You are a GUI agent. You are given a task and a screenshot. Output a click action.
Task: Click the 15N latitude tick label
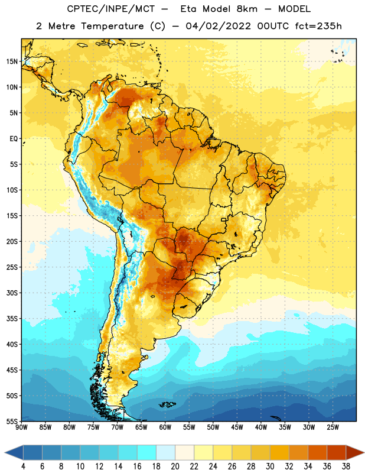(12, 61)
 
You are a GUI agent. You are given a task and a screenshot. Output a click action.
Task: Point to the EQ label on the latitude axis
(14, 139)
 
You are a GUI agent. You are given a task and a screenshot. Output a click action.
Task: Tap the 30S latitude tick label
(12, 293)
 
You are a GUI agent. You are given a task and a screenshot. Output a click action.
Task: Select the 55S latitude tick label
(12, 421)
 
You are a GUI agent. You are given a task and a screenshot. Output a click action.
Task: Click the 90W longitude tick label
(21, 427)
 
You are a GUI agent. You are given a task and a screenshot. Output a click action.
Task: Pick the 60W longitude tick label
(165, 427)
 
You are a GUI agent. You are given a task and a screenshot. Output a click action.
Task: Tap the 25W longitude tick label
(333, 427)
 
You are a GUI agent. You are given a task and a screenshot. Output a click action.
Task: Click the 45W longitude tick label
(237, 427)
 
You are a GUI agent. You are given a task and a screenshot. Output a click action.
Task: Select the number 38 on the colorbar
(346, 466)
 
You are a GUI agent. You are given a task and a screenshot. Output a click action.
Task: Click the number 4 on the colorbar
(23, 466)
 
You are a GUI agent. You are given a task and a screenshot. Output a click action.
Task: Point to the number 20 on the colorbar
(175, 466)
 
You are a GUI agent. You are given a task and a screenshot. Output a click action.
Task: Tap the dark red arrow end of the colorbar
(355, 452)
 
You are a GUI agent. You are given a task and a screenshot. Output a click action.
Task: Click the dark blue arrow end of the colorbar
(14, 452)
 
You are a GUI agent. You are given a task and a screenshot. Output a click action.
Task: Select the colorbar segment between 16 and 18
(147, 452)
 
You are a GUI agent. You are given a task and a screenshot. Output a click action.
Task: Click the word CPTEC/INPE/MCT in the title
(111, 9)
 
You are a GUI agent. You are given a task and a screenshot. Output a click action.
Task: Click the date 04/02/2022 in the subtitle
(218, 26)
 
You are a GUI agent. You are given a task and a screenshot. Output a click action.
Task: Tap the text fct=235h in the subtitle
(318, 26)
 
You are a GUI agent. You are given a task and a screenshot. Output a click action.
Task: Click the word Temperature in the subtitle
(112, 26)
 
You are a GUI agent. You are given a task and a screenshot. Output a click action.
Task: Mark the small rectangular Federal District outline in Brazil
(224, 219)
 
